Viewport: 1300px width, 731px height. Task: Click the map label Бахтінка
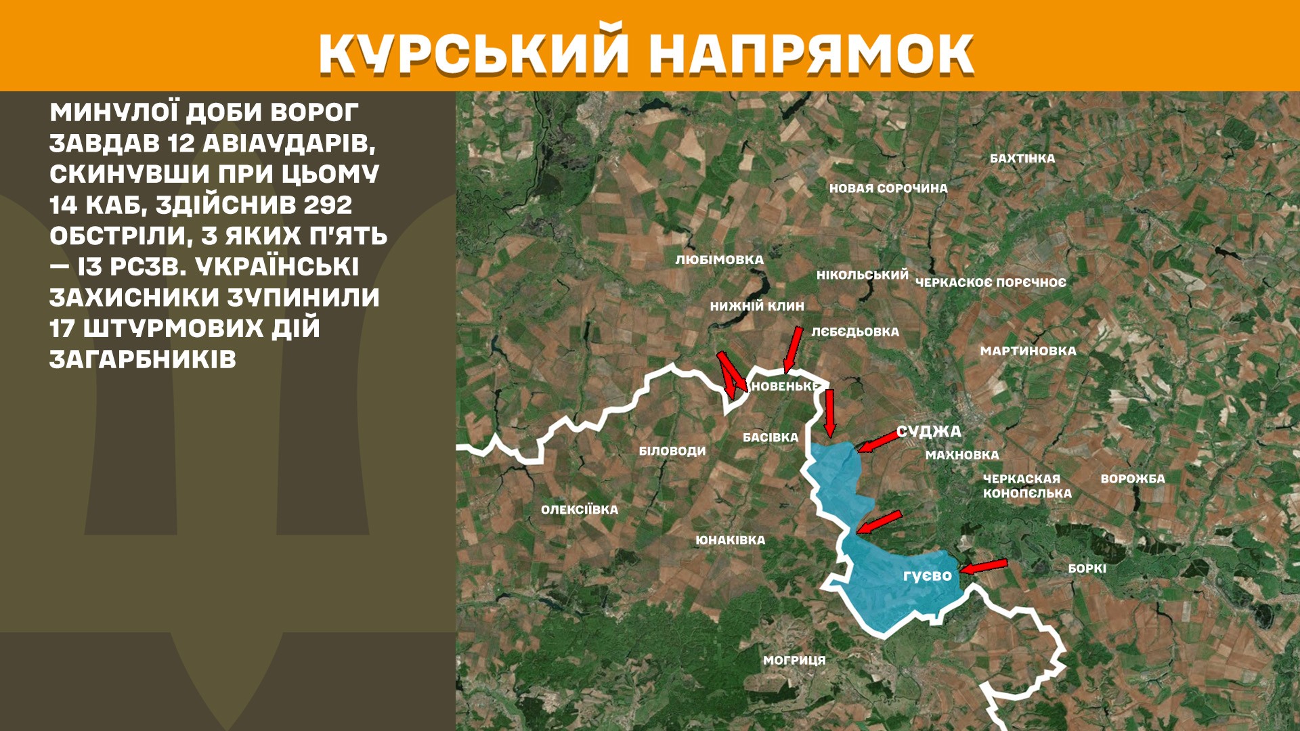(x=1022, y=158)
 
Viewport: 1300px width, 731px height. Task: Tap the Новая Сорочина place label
(x=888, y=188)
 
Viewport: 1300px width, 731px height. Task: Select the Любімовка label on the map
(x=719, y=260)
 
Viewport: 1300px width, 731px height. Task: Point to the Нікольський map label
(x=862, y=275)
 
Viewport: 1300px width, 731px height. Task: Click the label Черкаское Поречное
(x=991, y=282)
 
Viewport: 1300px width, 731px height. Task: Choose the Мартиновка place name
(x=1028, y=351)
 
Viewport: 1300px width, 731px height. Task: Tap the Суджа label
(x=928, y=431)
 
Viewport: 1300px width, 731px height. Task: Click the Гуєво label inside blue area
(x=928, y=575)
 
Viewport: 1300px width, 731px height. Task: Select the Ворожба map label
(x=1133, y=479)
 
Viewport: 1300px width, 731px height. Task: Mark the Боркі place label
(x=1087, y=569)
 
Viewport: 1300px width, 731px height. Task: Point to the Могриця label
(x=794, y=660)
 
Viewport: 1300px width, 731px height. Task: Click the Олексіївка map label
(x=580, y=510)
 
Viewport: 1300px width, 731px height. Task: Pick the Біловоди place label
(x=672, y=451)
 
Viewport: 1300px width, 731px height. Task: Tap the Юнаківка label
(x=731, y=540)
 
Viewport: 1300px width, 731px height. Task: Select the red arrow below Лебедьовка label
(x=793, y=349)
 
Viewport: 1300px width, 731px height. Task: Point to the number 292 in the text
(x=328, y=204)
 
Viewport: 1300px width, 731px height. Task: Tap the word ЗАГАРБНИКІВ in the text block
(x=143, y=359)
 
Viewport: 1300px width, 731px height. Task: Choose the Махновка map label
(x=962, y=455)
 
